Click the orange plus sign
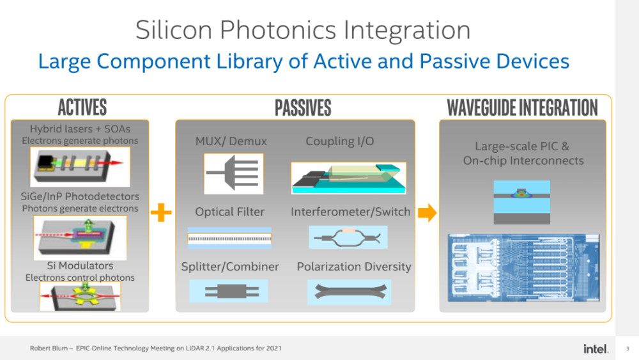[x=161, y=212]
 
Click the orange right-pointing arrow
[x=427, y=212]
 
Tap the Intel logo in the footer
[x=596, y=348]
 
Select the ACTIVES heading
[x=82, y=107]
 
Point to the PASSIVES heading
[x=303, y=108]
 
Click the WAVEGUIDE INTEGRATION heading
[x=523, y=108]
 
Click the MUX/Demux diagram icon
[x=233, y=174]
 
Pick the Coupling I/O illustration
[x=348, y=178]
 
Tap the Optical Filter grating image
[x=229, y=238]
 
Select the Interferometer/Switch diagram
[x=348, y=237]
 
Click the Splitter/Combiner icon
[x=229, y=291]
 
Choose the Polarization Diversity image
[x=350, y=292]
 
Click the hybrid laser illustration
[x=81, y=167]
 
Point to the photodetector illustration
[x=81, y=238]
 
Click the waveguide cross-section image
[x=521, y=202]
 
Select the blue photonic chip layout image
[x=524, y=268]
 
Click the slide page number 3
[x=627, y=348]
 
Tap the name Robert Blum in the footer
[x=49, y=348]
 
